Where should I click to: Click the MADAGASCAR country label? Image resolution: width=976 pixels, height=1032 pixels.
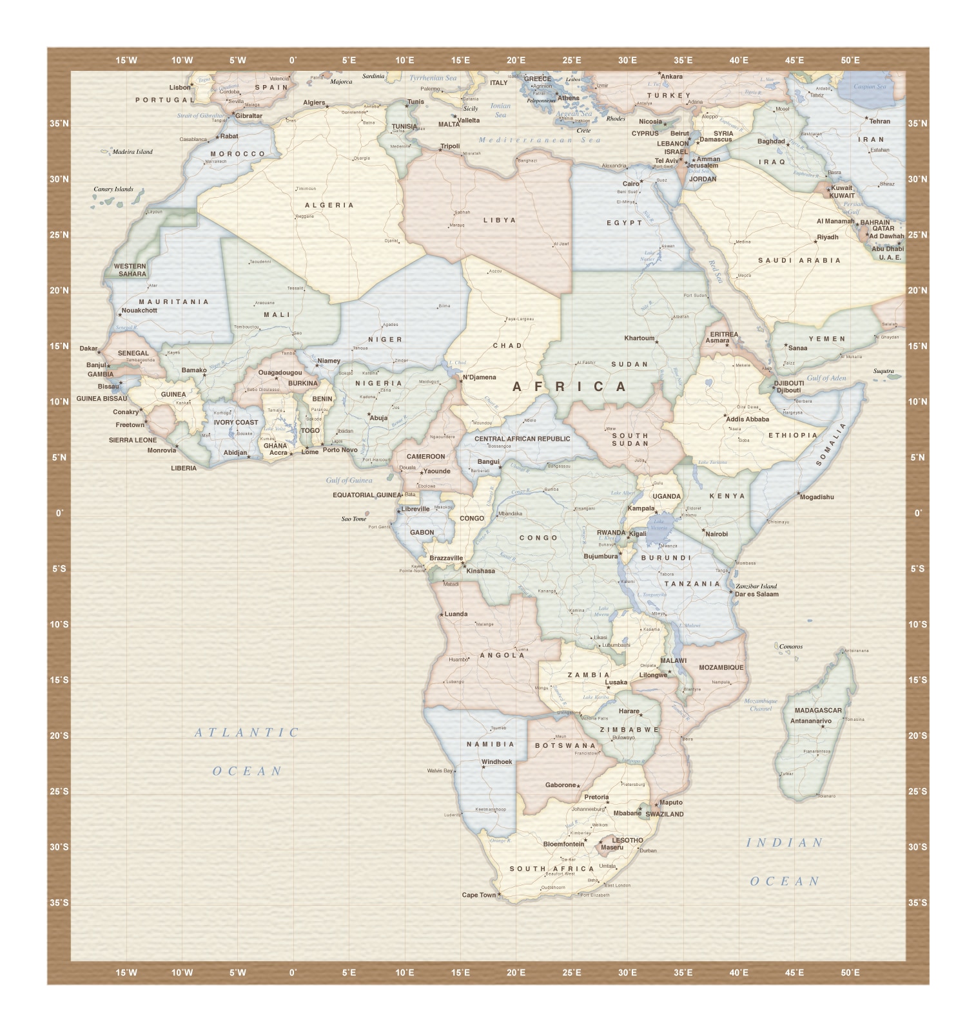click(x=818, y=711)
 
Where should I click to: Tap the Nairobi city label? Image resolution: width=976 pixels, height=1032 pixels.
click(x=716, y=534)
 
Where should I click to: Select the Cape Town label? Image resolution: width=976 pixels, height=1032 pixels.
click(x=479, y=895)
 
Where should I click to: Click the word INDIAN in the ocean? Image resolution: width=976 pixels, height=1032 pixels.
click(x=785, y=843)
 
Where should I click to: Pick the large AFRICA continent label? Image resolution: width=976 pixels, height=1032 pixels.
click(x=570, y=387)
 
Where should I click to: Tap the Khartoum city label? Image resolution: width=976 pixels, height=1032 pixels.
click(x=639, y=338)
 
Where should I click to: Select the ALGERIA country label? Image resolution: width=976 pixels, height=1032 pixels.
click(x=329, y=205)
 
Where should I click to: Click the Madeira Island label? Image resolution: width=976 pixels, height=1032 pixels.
click(x=133, y=152)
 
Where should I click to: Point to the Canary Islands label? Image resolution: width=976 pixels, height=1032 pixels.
click(x=113, y=189)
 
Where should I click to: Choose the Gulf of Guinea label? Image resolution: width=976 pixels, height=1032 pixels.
click(x=349, y=480)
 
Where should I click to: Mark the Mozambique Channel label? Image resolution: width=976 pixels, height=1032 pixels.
click(x=761, y=705)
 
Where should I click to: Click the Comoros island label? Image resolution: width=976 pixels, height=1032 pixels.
click(x=791, y=647)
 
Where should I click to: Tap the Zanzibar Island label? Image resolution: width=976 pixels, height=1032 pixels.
click(x=756, y=586)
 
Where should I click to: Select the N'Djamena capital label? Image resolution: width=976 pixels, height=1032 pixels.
click(x=480, y=377)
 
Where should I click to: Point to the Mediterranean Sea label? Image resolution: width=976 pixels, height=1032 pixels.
click(x=540, y=140)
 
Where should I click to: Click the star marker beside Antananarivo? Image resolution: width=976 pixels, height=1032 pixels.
click(x=823, y=727)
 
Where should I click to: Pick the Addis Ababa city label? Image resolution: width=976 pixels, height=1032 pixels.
click(x=747, y=419)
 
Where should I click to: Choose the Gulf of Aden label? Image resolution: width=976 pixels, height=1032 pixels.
click(x=826, y=378)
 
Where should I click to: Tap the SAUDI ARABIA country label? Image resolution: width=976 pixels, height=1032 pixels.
click(x=799, y=260)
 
